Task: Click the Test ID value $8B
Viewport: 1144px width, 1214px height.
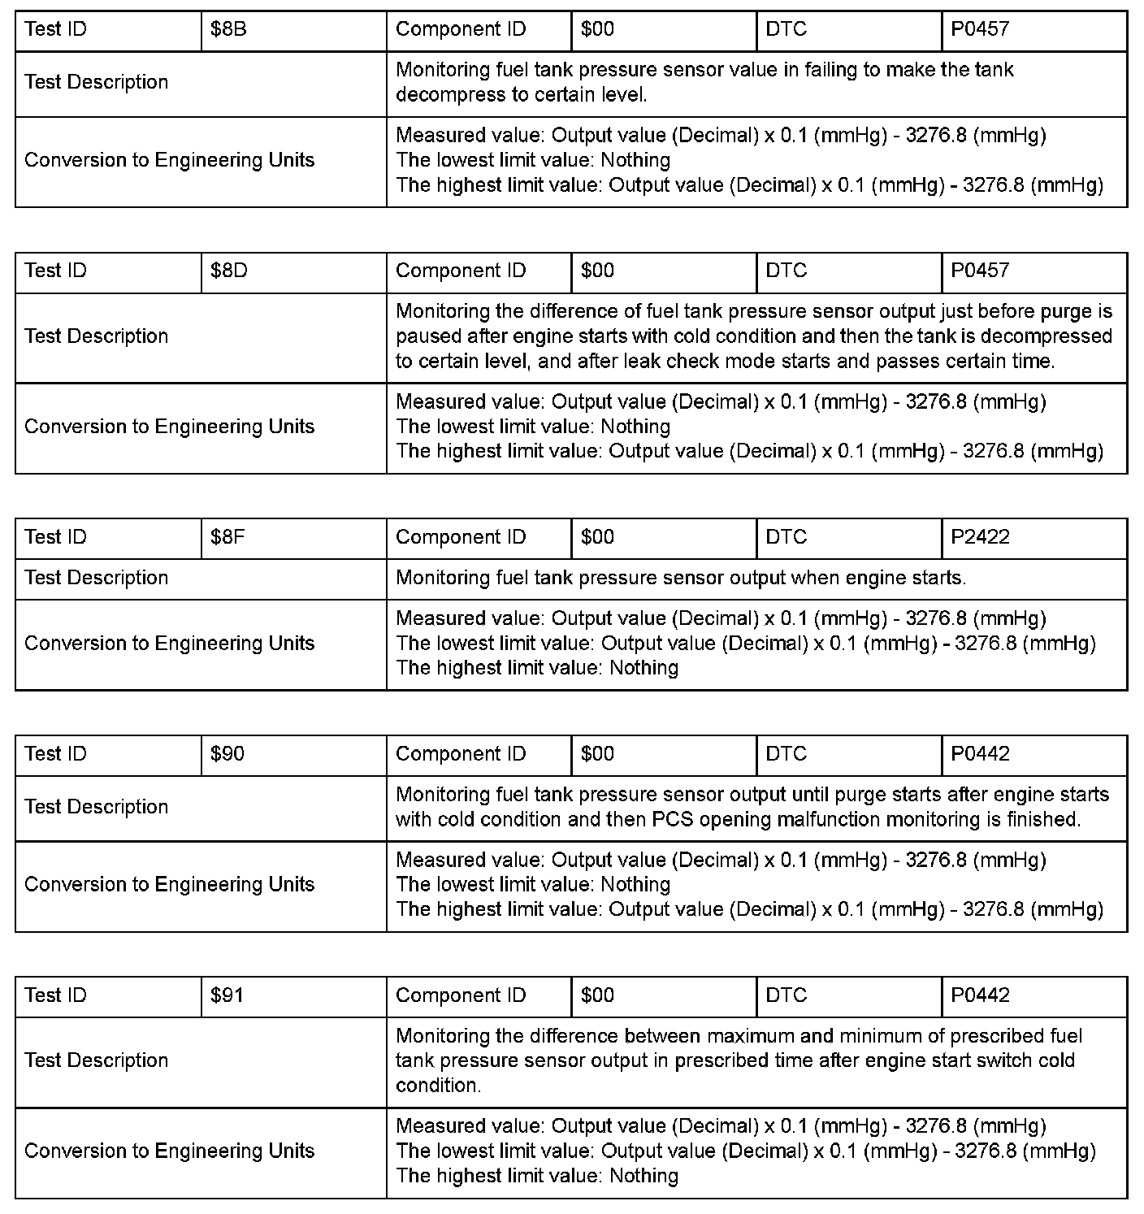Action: (228, 29)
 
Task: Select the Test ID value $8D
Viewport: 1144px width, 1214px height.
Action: (228, 271)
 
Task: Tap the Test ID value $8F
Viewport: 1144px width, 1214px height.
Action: (227, 537)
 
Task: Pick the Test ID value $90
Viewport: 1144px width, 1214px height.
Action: (227, 754)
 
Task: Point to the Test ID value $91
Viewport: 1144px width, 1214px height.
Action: (227, 995)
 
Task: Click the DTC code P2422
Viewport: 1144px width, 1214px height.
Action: (980, 537)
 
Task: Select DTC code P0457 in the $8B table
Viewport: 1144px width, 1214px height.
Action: (980, 29)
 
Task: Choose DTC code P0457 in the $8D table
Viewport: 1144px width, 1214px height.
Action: (980, 271)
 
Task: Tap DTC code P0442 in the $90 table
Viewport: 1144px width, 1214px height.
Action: (980, 754)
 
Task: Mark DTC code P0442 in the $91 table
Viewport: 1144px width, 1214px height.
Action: (980, 995)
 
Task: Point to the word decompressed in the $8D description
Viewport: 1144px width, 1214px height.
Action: (1053, 336)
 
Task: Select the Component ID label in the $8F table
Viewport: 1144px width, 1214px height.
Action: (461, 537)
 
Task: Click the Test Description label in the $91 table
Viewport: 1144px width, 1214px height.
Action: (96, 1060)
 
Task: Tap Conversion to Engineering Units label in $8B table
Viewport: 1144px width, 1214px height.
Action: (169, 160)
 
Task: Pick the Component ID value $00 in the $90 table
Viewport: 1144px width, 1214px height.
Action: (598, 754)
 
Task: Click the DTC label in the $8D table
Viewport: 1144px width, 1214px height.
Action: (786, 271)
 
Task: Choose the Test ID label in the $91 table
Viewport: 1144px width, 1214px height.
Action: (55, 995)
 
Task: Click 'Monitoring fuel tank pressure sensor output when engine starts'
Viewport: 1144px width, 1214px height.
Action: (680, 579)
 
